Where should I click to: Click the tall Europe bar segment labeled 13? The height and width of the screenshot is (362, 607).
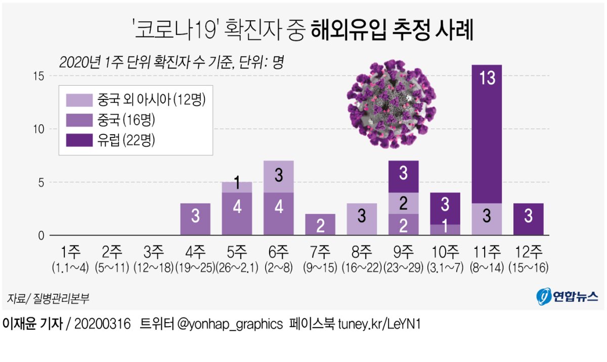tap(487, 134)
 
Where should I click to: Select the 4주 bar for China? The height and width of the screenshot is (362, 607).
tap(195, 219)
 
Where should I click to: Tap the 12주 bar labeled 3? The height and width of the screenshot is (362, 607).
tap(528, 219)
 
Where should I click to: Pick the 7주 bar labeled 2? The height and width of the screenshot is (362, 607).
tap(320, 225)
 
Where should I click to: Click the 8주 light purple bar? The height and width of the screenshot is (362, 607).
tap(362, 219)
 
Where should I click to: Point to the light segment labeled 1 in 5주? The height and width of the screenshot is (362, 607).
tap(237, 187)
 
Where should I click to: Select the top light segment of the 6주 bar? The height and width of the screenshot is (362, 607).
tap(278, 176)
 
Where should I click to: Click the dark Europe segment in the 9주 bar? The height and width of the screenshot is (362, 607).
tap(403, 177)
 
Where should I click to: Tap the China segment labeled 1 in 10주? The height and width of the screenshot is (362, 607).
tap(445, 230)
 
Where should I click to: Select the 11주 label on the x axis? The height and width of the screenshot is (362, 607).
tap(487, 251)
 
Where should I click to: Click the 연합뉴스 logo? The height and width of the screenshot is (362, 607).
tap(567, 296)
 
